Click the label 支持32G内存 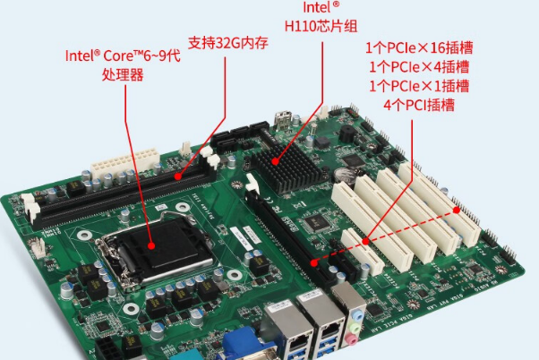click(227, 43)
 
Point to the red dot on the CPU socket click(150, 244)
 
